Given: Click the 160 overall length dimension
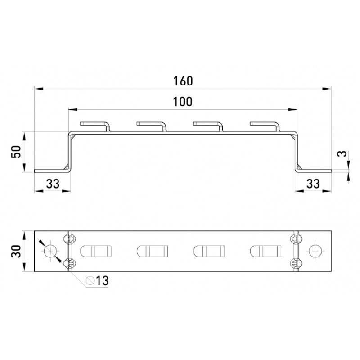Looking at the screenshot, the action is (x=183, y=81).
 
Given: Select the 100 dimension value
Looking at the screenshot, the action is (x=183, y=102).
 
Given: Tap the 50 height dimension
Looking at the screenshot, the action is (x=16, y=152).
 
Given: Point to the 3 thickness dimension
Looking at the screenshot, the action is (x=342, y=153).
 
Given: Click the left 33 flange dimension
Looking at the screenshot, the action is (x=53, y=184).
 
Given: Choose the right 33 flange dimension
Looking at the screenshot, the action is (x=313, y=184).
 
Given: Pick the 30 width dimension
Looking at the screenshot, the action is (x=16, y=251).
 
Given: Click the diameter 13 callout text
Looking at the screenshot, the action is (x=97, y=280).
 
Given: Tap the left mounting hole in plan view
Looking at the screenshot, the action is (x=50, y=251).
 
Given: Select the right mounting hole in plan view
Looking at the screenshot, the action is (x=315, y=251).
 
